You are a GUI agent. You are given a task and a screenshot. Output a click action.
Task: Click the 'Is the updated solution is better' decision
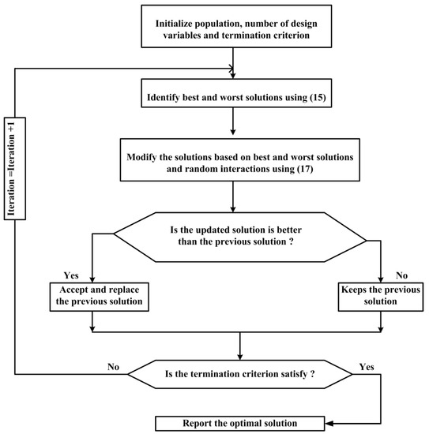(x=238, y=234)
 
